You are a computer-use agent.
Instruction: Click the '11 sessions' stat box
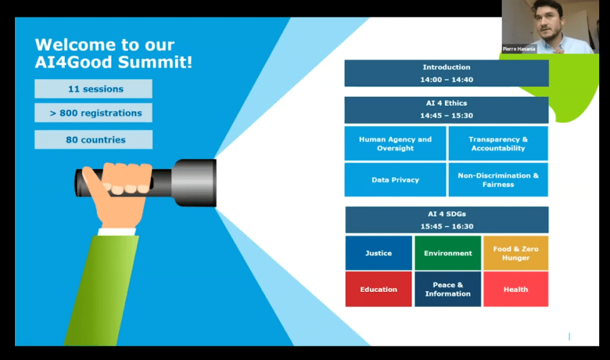(x=94, y=89)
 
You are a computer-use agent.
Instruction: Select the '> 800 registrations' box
(x=94, y=113)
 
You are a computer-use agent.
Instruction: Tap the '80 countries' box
(x=94, y=140)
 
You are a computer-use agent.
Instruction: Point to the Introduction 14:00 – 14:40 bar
(x=446, y=73)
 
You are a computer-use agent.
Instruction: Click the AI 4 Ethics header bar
(x=446, y=110)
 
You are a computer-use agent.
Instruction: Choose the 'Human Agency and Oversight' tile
(x=395, y=143)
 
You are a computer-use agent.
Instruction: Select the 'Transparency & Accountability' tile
(x=499, y=143)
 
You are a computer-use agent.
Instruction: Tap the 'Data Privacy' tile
(x=395, y=180)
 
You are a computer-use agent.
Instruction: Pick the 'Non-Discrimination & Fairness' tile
(x=499, y=180)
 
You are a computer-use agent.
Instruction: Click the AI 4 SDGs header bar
(x=447, y=220)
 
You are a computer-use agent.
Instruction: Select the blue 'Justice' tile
(x=378, y=253)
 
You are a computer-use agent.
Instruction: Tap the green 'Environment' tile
(x=448, y=253)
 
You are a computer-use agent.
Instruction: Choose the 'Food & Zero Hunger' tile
(x=516, y=253)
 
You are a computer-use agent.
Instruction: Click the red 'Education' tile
(x=378, y=289)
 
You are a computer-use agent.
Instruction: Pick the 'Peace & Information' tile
(x=448, y=289)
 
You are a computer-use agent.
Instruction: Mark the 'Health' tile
(x=516, y=289)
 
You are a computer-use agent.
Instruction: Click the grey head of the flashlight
(x=194, y=182)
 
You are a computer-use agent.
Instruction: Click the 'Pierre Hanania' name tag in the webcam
(x=519, y=49)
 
